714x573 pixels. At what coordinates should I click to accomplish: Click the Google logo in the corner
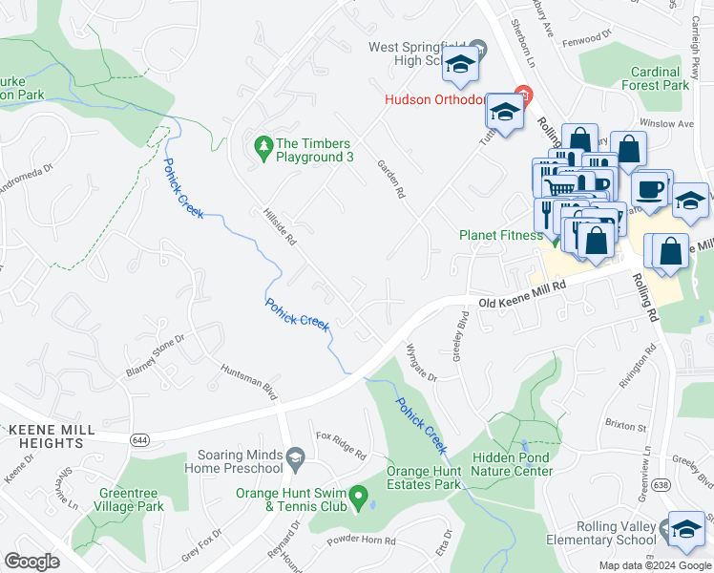pos(32,562)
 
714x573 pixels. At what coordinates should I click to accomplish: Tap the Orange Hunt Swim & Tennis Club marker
pos(358,495)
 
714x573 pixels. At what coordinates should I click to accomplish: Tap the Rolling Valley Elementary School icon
pos(685,528)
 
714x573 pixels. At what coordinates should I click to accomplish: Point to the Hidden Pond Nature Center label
pos(512,464)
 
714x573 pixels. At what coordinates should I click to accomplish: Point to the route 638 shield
pos(661,485)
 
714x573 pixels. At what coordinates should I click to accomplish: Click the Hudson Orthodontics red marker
pos(521,95)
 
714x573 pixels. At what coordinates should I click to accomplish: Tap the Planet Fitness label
pos(500,235)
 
